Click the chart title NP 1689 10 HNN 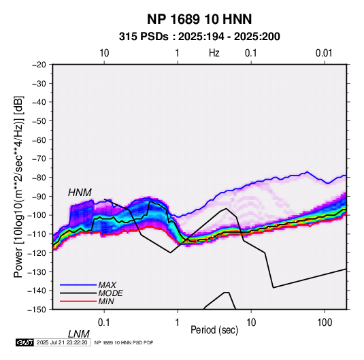199,19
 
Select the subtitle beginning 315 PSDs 199,37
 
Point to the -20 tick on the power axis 39,65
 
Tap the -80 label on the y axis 39,178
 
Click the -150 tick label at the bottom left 37,310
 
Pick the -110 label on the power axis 37,234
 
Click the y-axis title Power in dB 18,186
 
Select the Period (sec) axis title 214,330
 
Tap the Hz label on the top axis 214,53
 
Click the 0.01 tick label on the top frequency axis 324,53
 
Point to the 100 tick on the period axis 325,323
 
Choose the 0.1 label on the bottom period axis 104,323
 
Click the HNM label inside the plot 80,193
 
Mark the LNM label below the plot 78,334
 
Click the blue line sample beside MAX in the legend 78,285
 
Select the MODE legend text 110,293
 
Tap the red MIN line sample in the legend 78,301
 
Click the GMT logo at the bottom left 25,342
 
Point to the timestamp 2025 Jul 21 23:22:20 62,342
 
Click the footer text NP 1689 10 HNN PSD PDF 124,342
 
